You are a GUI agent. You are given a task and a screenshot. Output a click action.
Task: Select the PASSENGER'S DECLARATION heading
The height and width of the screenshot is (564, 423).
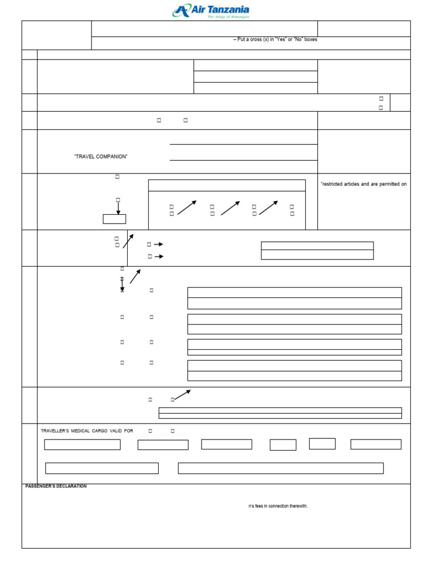[x=56, y=486]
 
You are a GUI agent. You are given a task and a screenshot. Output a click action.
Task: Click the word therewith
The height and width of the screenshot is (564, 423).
[x=297, y=506]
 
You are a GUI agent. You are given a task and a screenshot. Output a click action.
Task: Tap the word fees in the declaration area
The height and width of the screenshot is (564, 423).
[x=259, y=506]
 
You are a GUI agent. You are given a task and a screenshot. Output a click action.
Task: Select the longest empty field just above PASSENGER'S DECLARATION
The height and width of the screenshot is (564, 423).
[x=280, y=468]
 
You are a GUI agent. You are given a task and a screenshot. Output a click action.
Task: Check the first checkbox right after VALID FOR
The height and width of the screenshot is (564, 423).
[x=150, y=431]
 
